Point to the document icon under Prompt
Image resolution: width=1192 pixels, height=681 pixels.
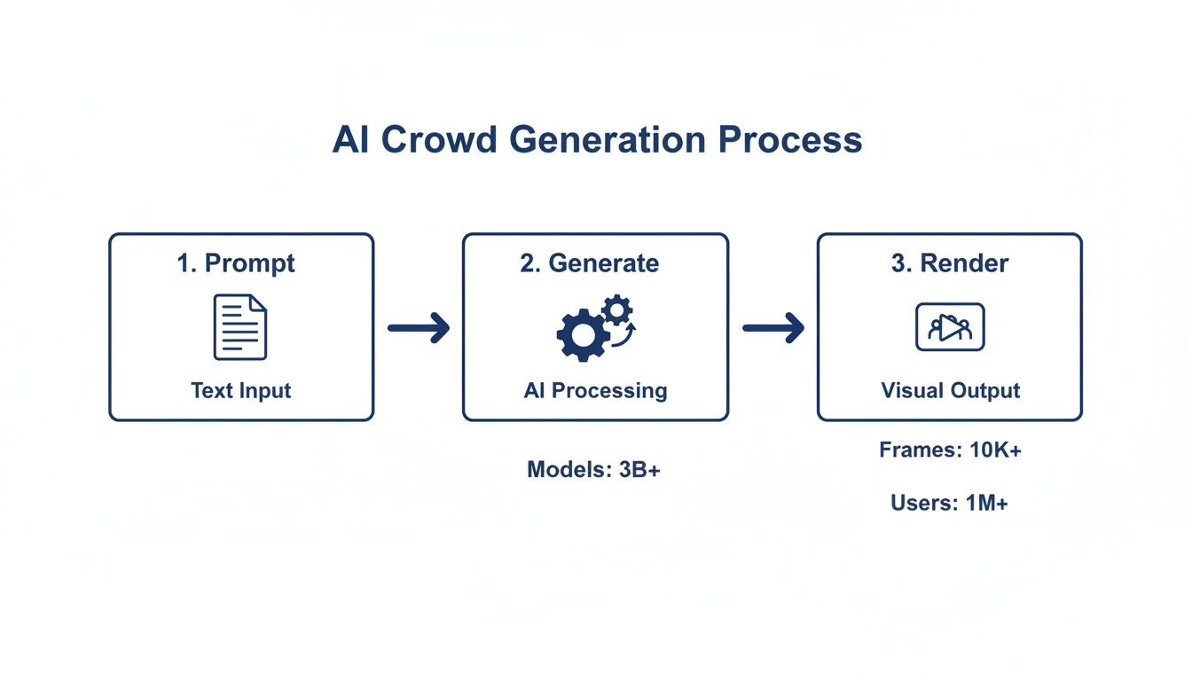click(x=240, y=327)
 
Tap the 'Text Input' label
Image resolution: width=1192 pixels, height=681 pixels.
click(x=241, y=390)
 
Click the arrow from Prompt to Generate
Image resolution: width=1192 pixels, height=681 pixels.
click(x=419, y=328)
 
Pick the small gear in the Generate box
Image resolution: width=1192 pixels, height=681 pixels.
click(x=616, y=309)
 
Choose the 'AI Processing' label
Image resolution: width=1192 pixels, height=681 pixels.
click(x=595, y=390)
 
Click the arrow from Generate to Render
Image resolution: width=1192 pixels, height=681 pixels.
click(x=772, y=328)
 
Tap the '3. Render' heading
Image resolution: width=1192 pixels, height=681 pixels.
click(x=950, y=263)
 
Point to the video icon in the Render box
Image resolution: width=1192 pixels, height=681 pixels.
click(x=950, y=327)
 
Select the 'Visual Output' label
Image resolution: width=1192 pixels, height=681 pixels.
click(x=950, y=390)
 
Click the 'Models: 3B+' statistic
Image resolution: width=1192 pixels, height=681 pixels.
click(x=594, y=470)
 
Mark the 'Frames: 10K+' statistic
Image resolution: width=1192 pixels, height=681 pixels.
click(x=950, y=450)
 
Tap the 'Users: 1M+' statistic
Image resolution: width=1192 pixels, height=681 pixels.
click(x=950, y=504)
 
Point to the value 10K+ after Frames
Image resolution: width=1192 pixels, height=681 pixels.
click(x=996, y=450)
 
